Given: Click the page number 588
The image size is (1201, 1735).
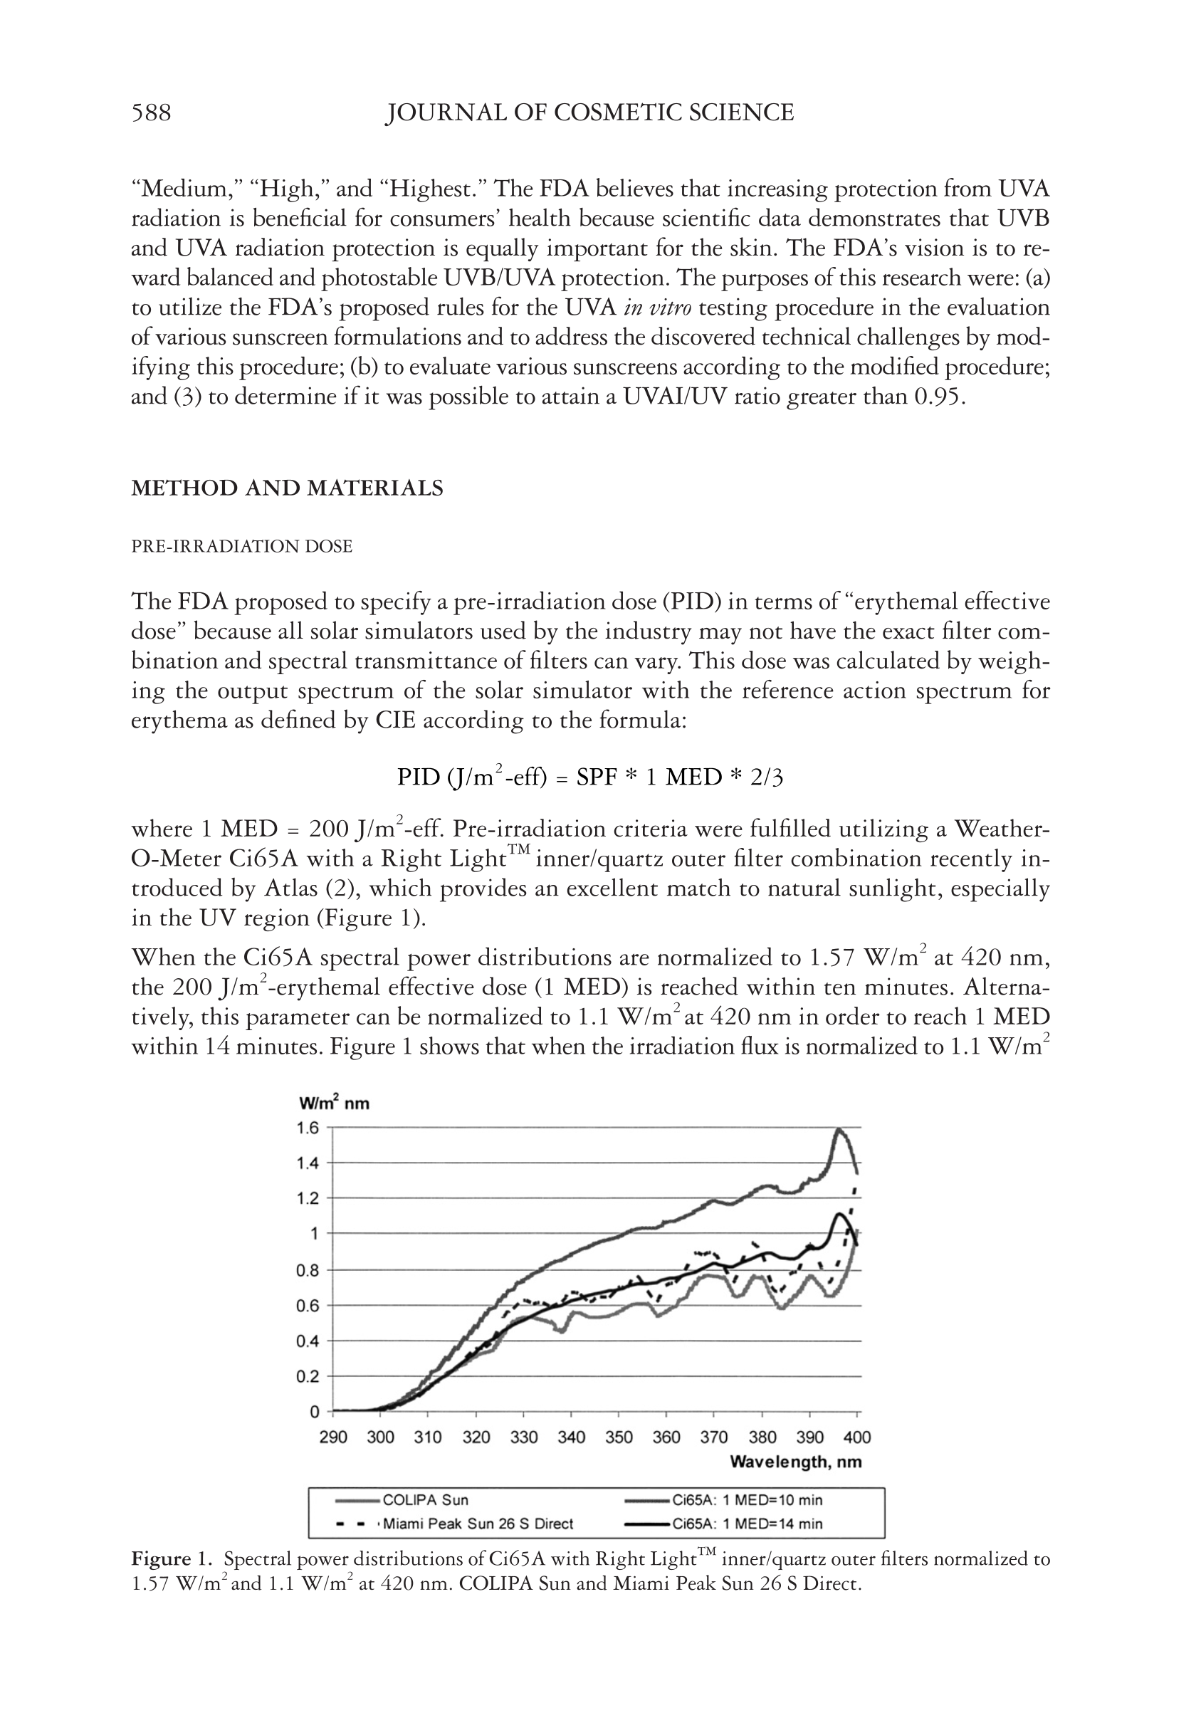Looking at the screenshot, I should [151, 113].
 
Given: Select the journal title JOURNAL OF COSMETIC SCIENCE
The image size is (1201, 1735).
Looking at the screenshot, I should [589, 113].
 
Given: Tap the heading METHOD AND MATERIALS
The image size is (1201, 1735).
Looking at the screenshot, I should [287, 488].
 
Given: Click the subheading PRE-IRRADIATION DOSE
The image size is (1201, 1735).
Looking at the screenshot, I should [241, 546].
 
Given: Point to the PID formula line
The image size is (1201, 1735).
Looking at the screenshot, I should [590, 777].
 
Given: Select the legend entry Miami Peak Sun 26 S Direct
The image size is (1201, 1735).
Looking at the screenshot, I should [478, 1524].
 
